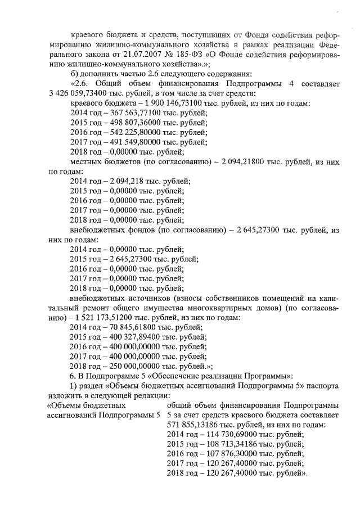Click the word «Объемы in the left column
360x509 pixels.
pos(65,405)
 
